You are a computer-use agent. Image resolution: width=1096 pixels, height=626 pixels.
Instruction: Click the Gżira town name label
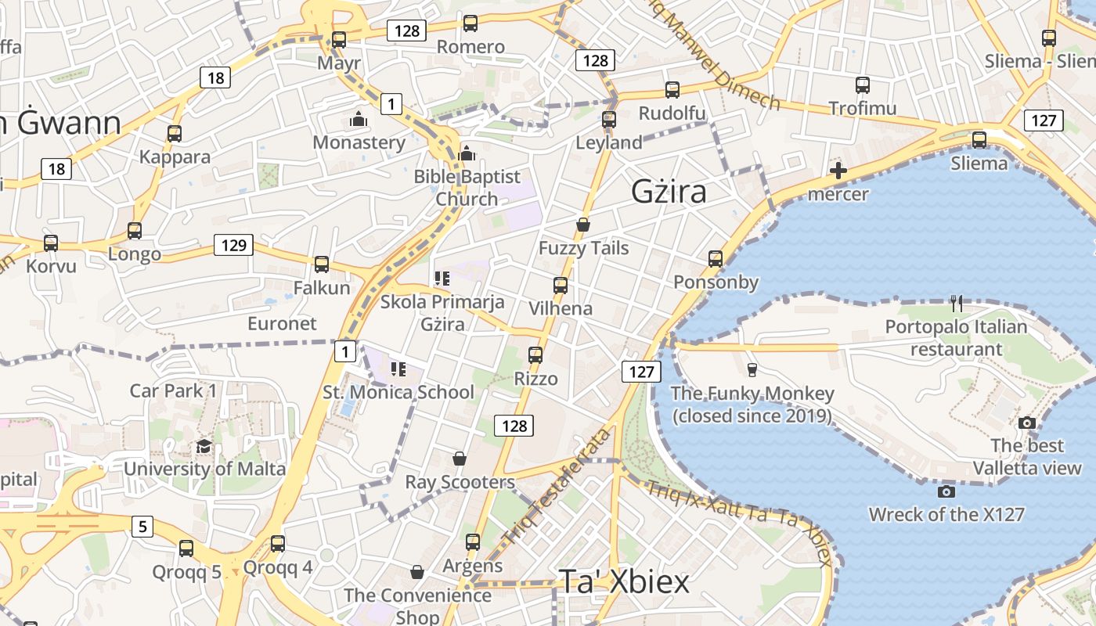pos(669,192)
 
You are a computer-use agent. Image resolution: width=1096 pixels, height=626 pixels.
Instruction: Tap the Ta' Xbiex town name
pos(624,581)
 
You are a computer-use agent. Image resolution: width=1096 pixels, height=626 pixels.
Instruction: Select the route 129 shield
pos(234,245)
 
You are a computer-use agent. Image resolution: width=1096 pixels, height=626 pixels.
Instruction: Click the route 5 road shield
pos(142,527)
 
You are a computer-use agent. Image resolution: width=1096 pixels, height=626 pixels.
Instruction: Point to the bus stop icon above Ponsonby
pos(715,259)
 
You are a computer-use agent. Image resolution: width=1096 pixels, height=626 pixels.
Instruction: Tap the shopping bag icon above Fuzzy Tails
pos(582,225)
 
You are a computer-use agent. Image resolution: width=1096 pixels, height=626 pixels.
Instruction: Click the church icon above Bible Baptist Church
pos(467,153)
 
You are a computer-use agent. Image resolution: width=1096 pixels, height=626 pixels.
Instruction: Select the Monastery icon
pos(359,120)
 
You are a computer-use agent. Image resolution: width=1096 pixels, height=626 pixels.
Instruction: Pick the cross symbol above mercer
pos(838,171)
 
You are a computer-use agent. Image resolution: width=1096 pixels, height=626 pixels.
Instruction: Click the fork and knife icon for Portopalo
pos(956,304)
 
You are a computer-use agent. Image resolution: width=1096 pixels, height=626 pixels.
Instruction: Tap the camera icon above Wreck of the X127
pos(946,491)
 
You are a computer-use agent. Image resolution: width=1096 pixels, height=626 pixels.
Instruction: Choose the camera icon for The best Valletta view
pos(1027,423)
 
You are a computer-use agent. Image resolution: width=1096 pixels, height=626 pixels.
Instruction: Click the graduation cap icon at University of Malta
pos(204,446)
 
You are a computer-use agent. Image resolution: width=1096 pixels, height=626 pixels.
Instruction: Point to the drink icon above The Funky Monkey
pos(752,369)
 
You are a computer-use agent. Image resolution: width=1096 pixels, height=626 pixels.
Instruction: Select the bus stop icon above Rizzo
pos(535,355)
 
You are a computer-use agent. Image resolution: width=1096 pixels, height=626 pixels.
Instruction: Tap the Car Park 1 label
pos(173,390)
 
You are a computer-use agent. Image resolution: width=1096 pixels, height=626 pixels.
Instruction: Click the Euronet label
pos(282,323)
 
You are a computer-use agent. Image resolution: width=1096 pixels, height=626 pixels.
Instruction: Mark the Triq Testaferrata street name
pos(557,486)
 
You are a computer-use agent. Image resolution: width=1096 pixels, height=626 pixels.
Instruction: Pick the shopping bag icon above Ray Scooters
pos(460,459)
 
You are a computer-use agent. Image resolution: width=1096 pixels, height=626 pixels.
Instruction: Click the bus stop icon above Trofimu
pos(862,85)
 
